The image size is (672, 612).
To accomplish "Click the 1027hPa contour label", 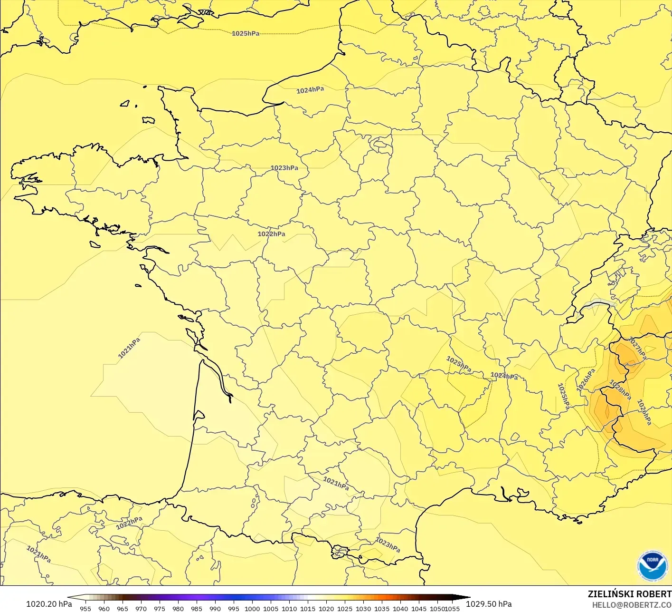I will point(637,348).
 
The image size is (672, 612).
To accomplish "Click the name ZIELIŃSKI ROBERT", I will point(629,594).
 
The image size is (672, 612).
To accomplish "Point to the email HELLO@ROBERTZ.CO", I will point(632,604).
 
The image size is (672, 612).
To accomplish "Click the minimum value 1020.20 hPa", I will point(49,604).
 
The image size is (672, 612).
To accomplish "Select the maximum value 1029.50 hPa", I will point(489,604).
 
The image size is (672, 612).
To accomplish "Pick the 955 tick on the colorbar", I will point(85,608).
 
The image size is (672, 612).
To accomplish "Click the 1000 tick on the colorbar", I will point(252,608).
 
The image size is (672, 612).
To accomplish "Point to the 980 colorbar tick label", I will point(178,608).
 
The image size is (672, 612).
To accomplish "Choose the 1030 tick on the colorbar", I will point(363,608).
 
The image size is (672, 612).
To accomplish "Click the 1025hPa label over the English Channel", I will point(246,34).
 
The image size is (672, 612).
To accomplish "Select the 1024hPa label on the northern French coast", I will point(310,90).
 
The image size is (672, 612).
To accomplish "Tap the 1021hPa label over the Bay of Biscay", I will point(129,348).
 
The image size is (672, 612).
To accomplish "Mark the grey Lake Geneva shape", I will point(599,304).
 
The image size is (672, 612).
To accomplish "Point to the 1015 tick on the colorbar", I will point(308,608).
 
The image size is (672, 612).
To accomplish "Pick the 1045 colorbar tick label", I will point(419,608).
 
